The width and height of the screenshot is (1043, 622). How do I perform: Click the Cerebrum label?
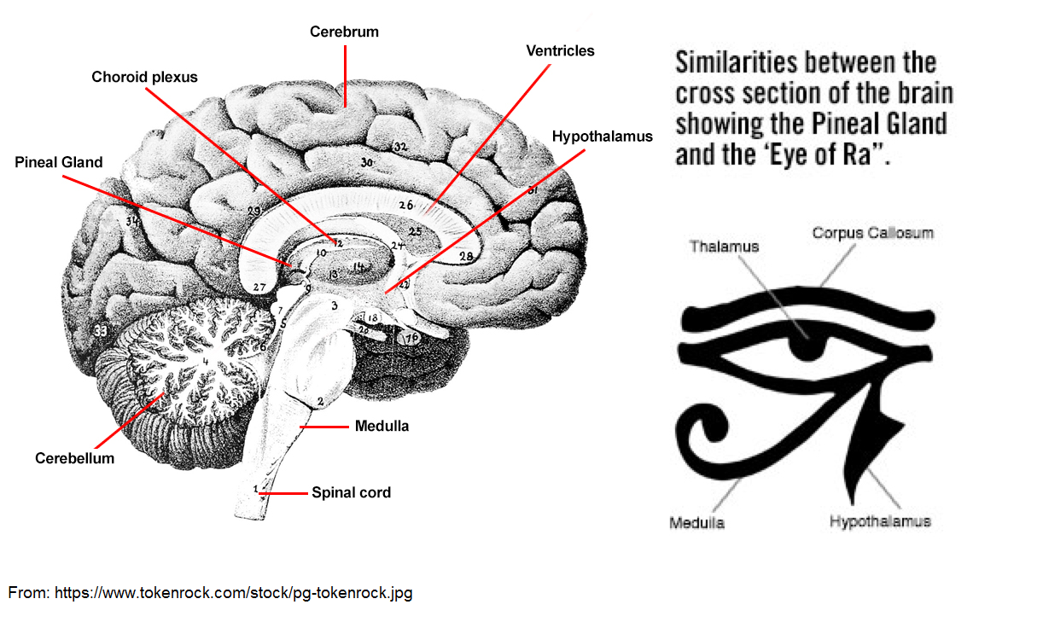click(344, 32)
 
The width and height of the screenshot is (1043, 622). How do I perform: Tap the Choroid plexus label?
click(144, 77)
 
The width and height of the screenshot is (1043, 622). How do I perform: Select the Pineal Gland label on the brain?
click(59, 162)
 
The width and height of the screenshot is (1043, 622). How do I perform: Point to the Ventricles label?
click(560, 51)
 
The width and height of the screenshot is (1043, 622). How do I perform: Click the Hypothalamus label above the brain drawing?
click(602, 137)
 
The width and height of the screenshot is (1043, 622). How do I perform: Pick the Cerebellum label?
click(74, 458)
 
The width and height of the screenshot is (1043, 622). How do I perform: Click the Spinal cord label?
click(351, 492)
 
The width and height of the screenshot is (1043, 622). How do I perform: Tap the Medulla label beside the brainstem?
click(382, 426)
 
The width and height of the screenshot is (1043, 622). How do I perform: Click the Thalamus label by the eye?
click(724, 246)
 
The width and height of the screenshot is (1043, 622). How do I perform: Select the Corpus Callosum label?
click(872, 232)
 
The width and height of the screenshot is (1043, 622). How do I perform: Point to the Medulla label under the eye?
click(696, 522)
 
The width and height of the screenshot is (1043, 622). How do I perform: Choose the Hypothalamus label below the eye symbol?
click(880, 520)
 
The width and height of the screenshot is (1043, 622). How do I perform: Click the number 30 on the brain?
click(367, 162)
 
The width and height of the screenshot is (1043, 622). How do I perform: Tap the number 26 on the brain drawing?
click(405, 206)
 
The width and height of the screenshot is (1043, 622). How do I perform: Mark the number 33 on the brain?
click(101, 330)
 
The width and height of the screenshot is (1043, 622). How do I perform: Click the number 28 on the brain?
click(466, 256)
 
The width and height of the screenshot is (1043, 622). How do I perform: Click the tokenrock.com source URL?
click(233, 592)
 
